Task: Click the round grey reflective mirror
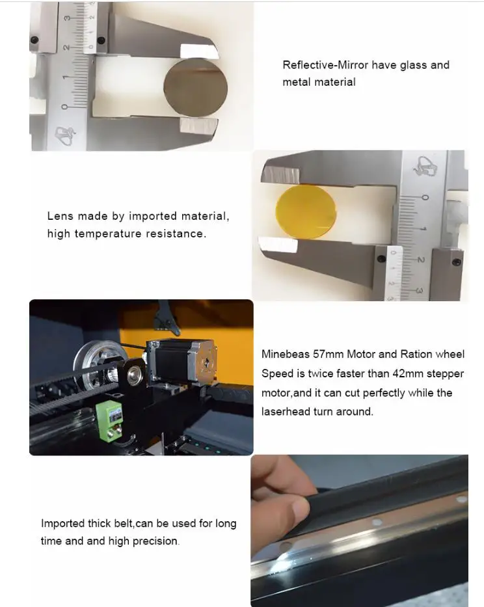196,88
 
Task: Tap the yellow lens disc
306,211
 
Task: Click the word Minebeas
286,354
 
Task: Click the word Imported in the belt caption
62,523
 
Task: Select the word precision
155,541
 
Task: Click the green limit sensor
109,421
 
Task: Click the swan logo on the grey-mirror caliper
64,135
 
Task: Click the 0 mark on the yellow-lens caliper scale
425,198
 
